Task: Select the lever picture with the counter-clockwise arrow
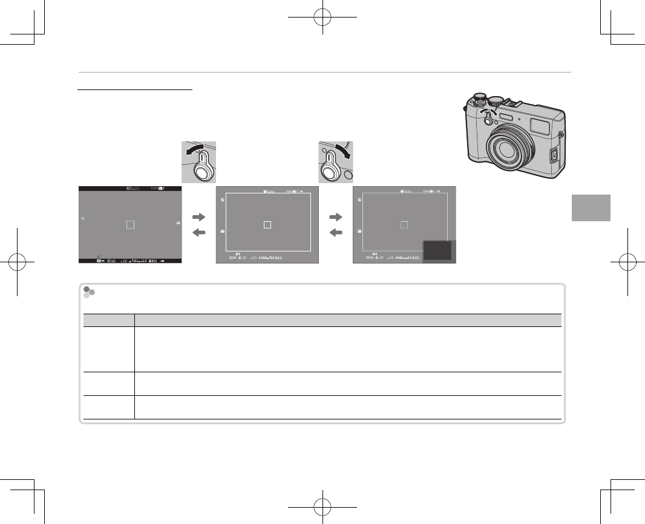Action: click(198, 161)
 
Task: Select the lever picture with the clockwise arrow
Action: click(336, 161)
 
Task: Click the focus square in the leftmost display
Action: click(129, 224)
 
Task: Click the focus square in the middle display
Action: click(268, 224)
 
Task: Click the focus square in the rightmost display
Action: click(405, 224)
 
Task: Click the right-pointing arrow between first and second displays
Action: click(199, 215)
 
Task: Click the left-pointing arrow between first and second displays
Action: click(199, 233)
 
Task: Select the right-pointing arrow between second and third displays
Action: click(336, 215)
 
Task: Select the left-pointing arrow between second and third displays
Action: click(336, 233)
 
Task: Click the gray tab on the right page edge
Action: click(591, 208)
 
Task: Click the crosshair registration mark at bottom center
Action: click(322, 506)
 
